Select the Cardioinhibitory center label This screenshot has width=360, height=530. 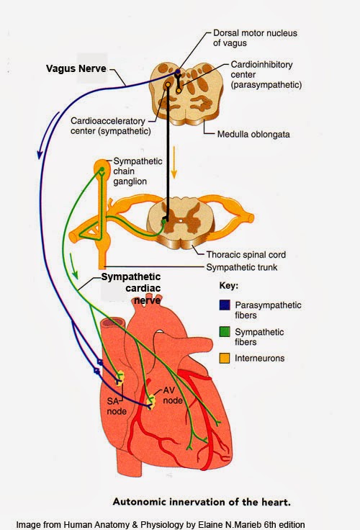click(x=266, y=75)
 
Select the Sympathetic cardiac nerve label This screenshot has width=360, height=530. click(x=130, y=288)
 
